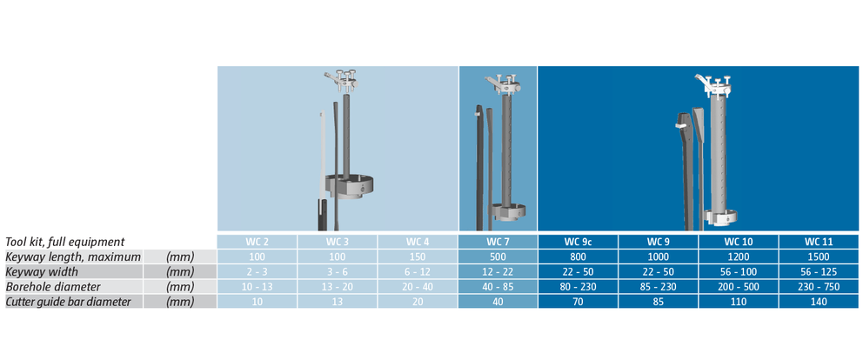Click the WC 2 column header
257,242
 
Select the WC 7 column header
498,242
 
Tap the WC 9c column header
578,242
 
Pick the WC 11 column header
819,242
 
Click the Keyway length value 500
498,257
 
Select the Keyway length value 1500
819,257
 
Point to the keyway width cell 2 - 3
257,271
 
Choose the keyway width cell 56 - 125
819,271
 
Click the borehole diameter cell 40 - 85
498,286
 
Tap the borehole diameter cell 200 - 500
738,286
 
